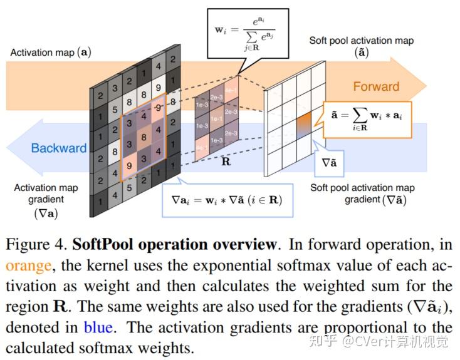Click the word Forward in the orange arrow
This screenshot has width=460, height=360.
[376, 86]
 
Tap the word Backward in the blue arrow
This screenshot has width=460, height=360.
[59, 148]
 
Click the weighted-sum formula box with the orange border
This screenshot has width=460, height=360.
[367, 120]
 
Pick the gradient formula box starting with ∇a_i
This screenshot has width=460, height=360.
[226, 200]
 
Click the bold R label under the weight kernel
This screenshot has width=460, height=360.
[226, 160]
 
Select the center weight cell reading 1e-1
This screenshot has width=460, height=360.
[217, 118]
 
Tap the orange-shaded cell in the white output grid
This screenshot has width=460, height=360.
[304, 120]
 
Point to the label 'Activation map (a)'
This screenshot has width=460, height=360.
[50, 53]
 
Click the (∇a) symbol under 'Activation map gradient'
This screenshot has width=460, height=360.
[46, 213]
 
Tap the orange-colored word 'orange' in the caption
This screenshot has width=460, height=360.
[28, 265]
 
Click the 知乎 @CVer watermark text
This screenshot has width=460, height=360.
[386, 342]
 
